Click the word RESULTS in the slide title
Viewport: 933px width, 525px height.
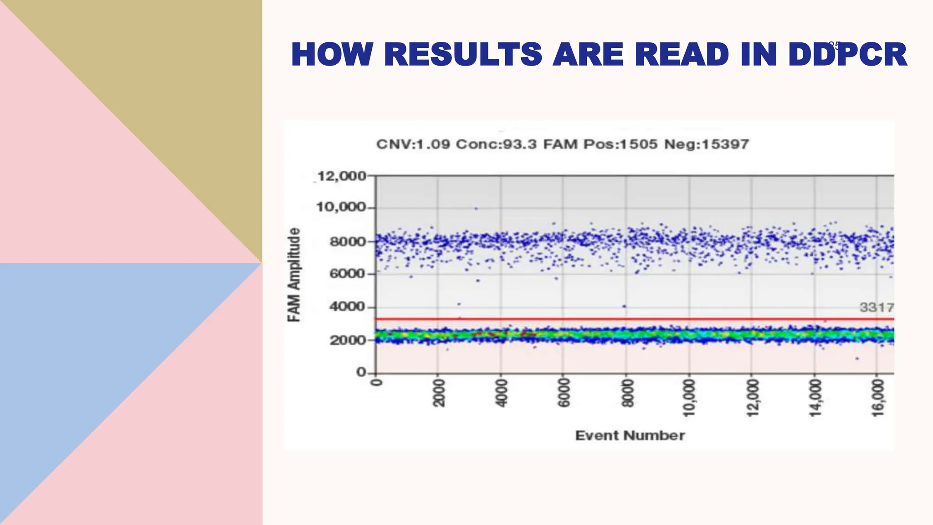coord(463,54)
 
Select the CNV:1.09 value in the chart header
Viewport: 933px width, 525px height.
coord(413,144)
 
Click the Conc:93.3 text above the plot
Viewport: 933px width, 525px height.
coord(497,144)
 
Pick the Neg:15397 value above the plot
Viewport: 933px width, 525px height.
coord(707,144)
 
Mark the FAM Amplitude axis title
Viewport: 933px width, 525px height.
coord(294,275)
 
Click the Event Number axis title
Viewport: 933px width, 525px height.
coord(630,436)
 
